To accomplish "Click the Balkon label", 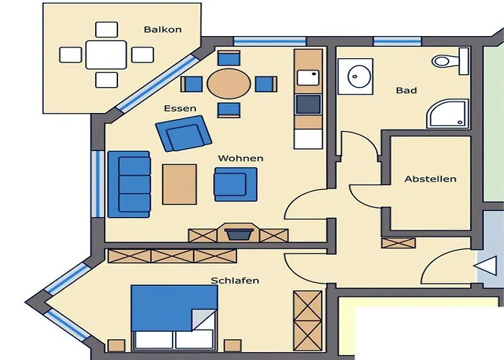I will [163, 30].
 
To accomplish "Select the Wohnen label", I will [240, 158].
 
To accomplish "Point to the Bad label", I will [406, 91].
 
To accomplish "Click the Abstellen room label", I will [430, 179].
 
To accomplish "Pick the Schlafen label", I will [235, 280].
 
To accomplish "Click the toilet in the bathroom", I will [449, 61].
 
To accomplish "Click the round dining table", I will [228, 84].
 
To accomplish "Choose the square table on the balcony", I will [107, 54].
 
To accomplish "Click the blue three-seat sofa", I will [130, 184].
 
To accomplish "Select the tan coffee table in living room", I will [179, 184].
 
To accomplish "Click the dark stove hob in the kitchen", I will [308, 104].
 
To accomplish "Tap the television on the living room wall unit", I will [238, 233].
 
